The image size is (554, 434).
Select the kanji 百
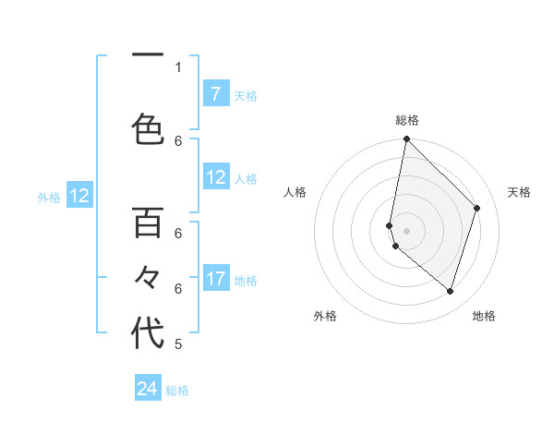(148, 223)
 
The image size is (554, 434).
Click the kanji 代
(148, 333)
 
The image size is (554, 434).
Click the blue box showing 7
(215, 94)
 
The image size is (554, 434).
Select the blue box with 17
(216, 279)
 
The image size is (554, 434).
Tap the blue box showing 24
(148, 390)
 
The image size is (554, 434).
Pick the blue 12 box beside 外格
(78, 196)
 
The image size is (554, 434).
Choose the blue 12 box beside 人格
(216, 178)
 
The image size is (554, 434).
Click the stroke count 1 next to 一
(178, 66)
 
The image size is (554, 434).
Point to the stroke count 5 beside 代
(178, 344)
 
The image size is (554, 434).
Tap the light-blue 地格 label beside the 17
(246, 280)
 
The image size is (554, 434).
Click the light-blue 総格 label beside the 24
(177, 391)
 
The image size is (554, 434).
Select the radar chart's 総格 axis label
(407, 120)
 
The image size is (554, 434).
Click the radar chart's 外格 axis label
(325, 317)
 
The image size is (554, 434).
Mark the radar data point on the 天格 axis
(477, 208)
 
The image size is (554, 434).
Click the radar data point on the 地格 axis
(451, 291)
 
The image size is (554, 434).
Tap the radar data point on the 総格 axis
(407, 139)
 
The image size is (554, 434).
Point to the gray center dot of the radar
(407, 230)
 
